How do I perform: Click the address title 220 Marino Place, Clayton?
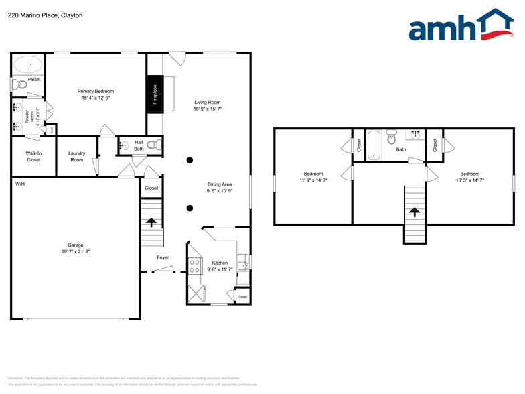46,15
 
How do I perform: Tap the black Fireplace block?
155,94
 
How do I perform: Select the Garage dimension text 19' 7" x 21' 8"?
76,251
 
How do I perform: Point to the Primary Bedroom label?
95,91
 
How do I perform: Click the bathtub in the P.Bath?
29,65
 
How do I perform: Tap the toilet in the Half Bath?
153,144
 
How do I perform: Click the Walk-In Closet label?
33,157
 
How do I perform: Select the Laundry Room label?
77,157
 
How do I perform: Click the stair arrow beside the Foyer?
151,222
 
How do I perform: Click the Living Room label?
208,102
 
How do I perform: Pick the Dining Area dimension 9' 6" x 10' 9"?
219,191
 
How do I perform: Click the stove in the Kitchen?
195,265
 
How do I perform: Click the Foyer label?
163,257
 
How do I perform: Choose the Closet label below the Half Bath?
152,188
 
